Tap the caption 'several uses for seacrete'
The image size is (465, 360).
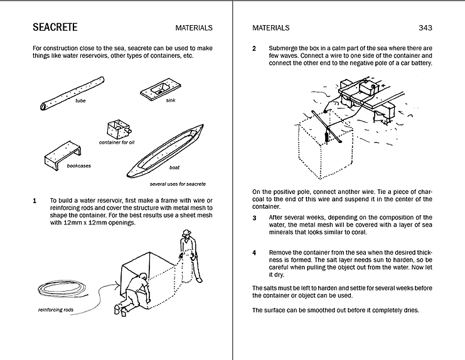(x=178, y=184)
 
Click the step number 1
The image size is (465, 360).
(x=35, y=201)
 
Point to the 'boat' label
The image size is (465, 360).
(x=174, y=167)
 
